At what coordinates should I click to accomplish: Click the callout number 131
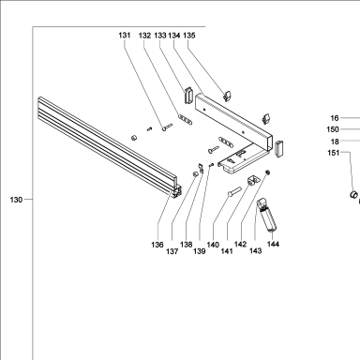point(125,36)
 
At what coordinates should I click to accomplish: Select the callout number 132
point(144,36)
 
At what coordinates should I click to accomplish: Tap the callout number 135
point(189,36)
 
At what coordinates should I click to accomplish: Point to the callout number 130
point(16,200)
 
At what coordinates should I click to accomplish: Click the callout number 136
point(157,245)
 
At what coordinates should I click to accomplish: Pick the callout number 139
point(200,251)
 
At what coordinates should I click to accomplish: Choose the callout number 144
point(273,244)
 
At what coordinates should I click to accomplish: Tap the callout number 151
point(333,153)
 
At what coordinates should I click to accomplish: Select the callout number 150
point(333,129)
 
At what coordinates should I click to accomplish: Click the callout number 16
point(335,118)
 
